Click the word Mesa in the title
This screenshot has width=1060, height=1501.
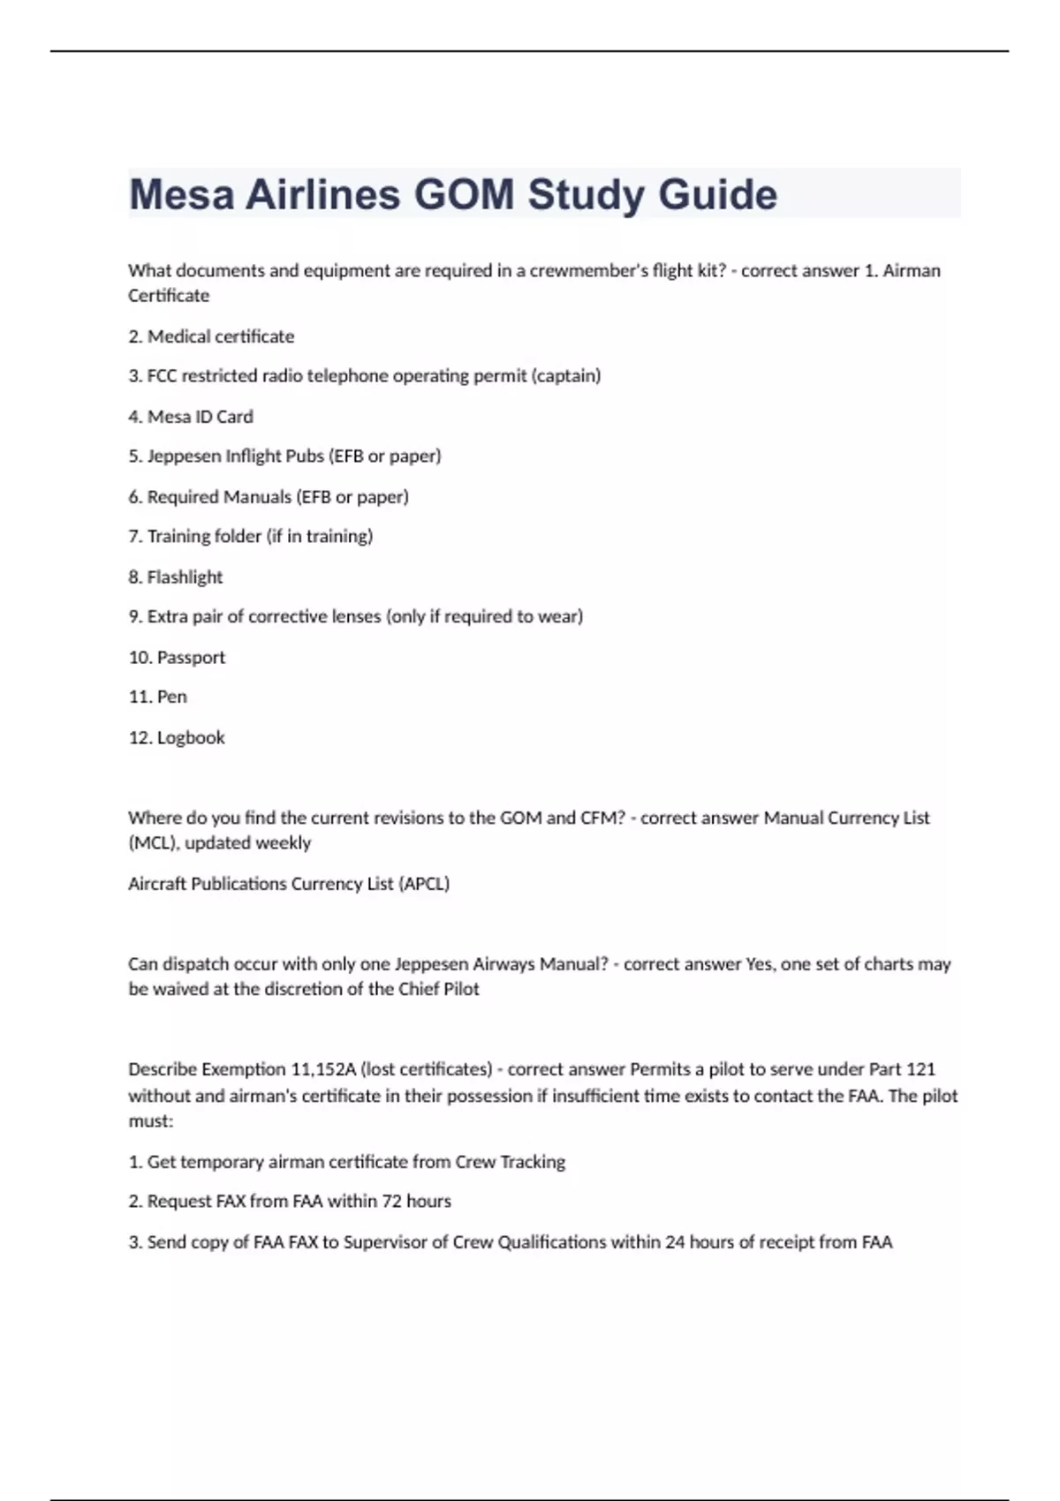(181, 195)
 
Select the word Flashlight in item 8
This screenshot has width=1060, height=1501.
(185, 577)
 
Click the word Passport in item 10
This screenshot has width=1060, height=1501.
(191, 657)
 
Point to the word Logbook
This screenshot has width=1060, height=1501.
(191, 737)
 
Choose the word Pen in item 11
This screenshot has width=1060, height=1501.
(172, 697)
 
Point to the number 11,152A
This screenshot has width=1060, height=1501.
(323, 1069)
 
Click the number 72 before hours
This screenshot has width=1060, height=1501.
(392, 1202)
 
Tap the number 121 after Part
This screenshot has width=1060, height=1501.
(920, 1069)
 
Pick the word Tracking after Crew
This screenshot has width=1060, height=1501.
(533, 1162)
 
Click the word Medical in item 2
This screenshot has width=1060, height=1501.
(180, 336)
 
